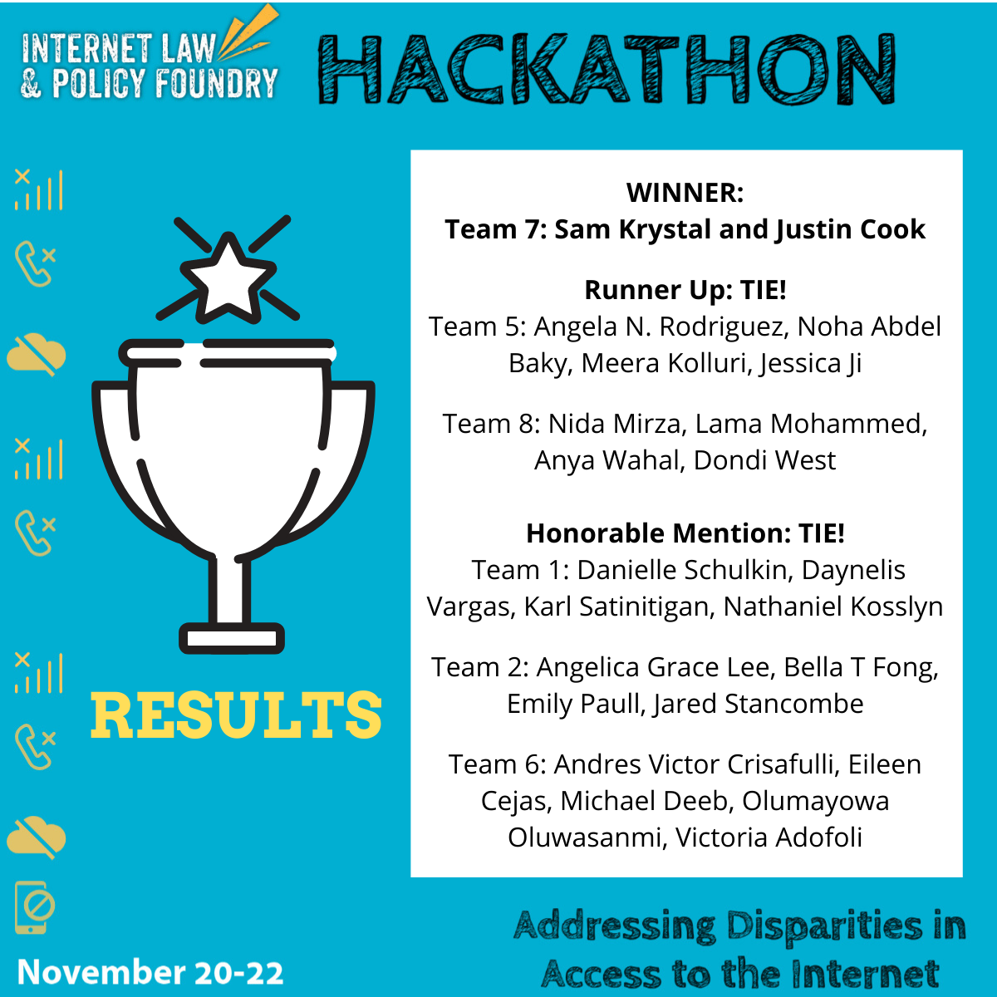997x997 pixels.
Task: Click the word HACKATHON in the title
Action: click(607, 70)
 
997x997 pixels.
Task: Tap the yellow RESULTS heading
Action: click(236, 715)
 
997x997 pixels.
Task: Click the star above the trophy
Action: click(227, 277)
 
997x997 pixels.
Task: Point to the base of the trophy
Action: click(232, 638)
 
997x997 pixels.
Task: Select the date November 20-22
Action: click(150, 972)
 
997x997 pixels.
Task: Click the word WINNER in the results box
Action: click(685, 193)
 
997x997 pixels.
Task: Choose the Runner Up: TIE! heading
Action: click(685, 290)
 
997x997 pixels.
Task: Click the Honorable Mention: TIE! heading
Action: click(685, 533)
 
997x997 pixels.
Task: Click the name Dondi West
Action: click(764, 461)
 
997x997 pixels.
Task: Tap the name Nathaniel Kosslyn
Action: click(832, 607)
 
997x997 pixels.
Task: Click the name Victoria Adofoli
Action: click(769, 837)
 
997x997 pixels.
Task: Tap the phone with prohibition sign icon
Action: click(35, 906)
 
